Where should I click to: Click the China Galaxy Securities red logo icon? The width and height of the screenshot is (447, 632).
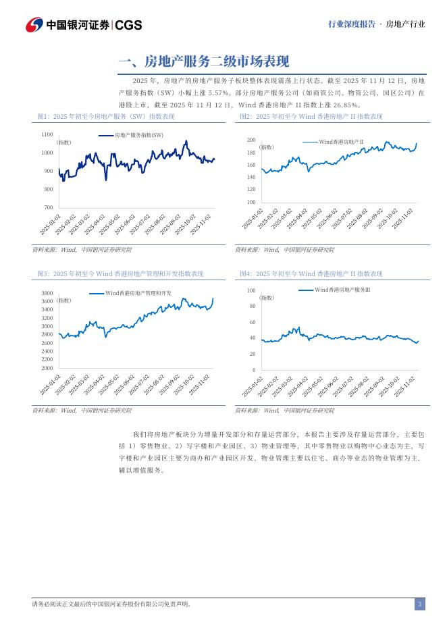point(34,24)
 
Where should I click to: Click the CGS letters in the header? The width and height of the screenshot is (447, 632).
point(128,25)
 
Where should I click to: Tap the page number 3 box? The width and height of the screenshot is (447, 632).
point(419,604)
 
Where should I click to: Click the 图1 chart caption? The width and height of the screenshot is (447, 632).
point(105,117)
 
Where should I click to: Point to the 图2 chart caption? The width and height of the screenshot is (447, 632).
point(311,117)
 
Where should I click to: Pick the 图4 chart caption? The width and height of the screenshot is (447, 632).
point(311,273)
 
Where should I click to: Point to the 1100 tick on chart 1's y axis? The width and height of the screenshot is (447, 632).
point(47,134)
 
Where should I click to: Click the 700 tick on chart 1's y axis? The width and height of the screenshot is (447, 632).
point(48,207)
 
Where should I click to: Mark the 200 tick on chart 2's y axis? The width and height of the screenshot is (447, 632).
point(251,140)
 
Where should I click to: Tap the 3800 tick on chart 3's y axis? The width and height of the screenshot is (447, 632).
point(47,293)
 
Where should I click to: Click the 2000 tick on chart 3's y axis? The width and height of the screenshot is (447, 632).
point(47,368)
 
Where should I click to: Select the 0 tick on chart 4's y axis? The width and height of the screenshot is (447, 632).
point(254,370)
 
